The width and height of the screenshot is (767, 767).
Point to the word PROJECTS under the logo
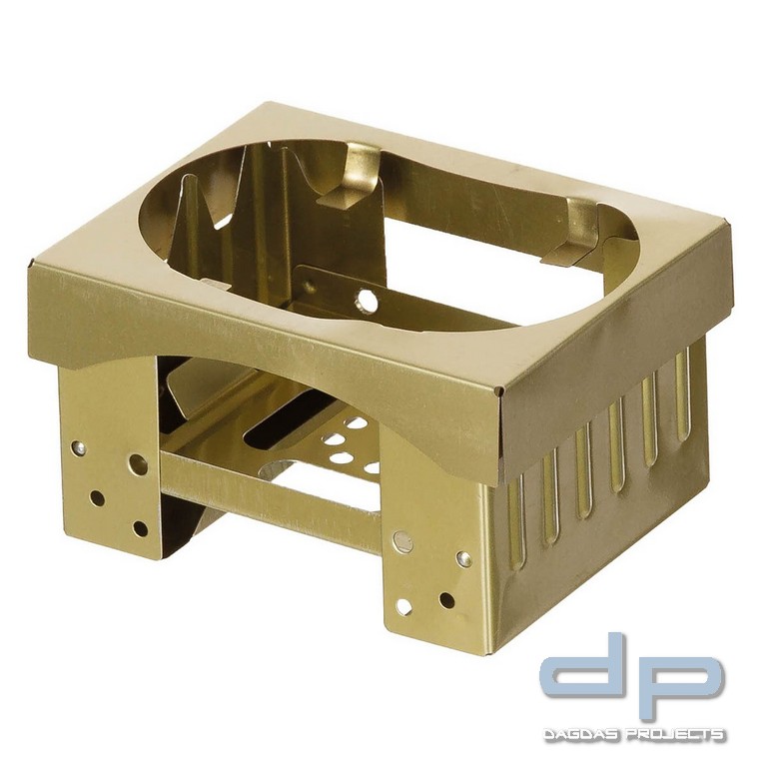[678, 736]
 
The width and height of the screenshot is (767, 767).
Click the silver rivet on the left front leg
[78, 446]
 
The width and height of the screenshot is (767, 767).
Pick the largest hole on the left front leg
[139, 463]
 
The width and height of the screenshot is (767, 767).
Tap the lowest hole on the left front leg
[141, 528]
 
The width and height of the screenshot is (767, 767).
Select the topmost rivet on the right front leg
[402, 542]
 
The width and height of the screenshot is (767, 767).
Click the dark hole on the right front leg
[446, 599]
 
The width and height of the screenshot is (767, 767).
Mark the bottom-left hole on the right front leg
[403, 606]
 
